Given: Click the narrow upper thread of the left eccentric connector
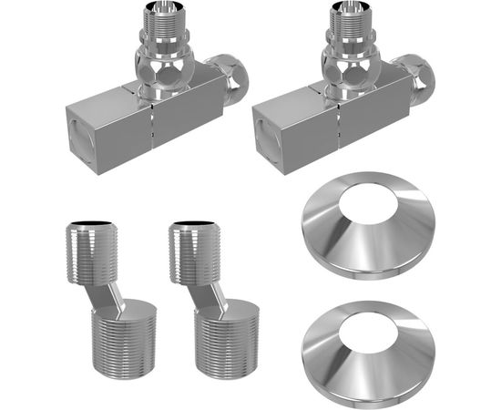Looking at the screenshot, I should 87,251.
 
